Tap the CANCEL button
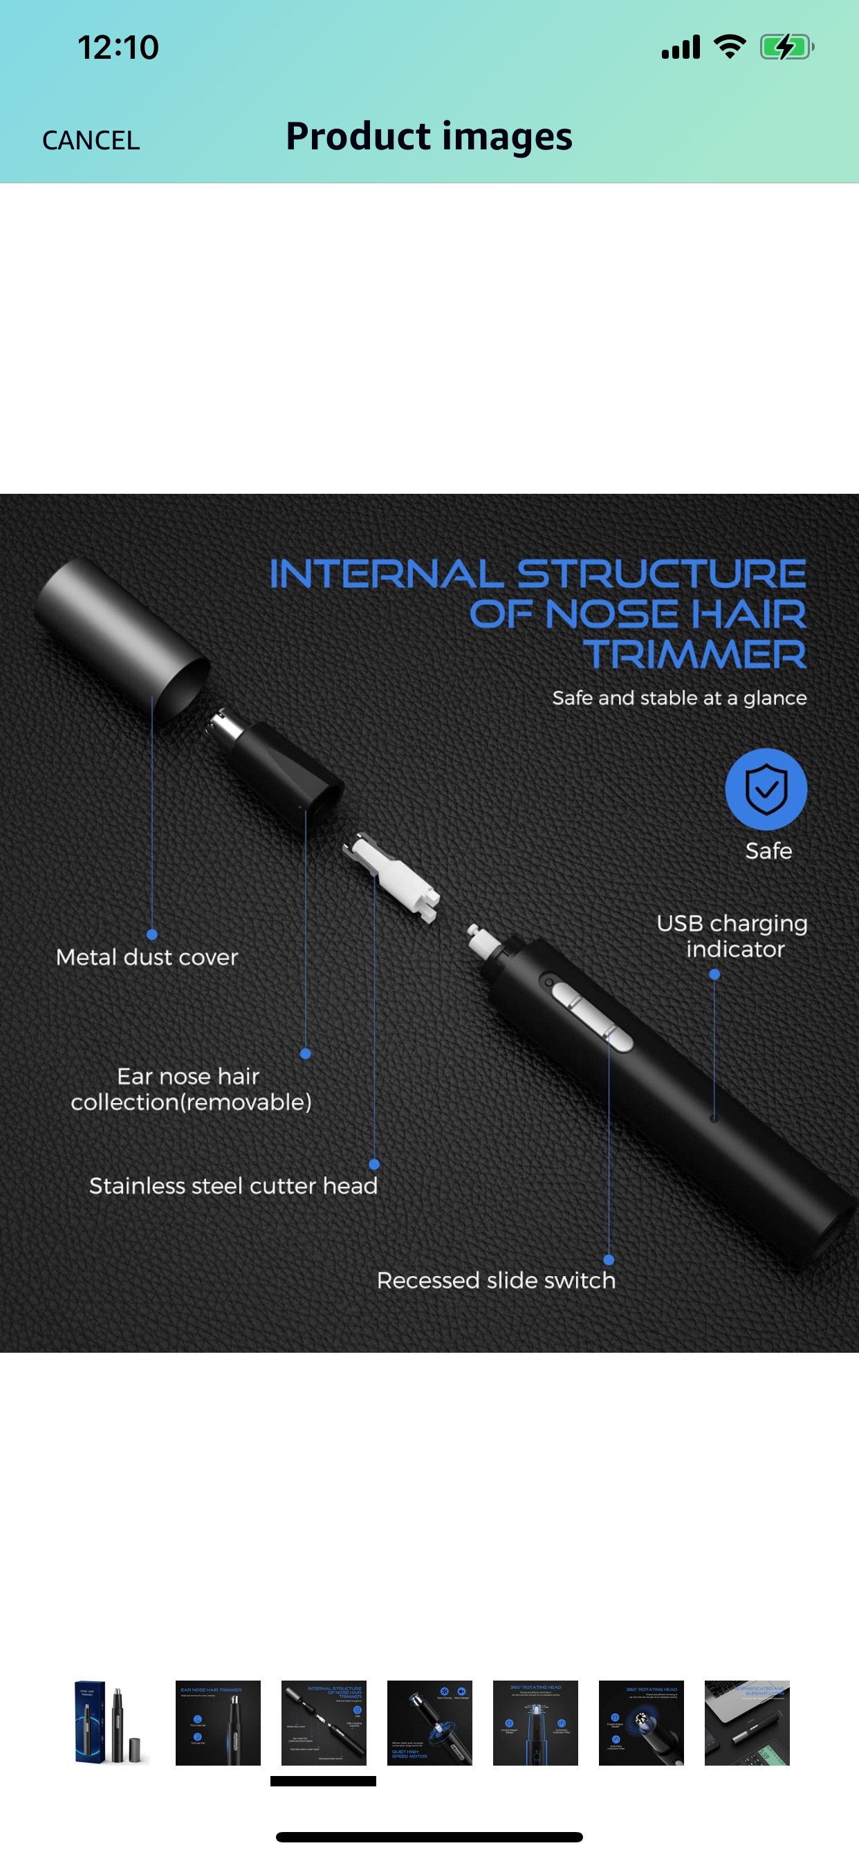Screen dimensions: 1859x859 (x=91, y=140)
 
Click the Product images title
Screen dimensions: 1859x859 (x=429, y=136)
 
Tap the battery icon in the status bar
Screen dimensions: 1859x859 (x=786, y=48)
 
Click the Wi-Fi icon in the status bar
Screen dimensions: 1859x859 (x=730, y=47)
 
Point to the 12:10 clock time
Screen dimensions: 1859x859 (x=118, y=48)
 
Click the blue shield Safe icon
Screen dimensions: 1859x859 (x=766, y=789)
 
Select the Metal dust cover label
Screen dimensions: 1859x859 (x=147, y=957)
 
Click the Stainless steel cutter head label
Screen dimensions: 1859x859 (x=233, y=1185)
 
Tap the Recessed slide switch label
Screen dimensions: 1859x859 (x=496, y=1280)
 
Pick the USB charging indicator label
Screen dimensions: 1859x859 (x=732, y=936)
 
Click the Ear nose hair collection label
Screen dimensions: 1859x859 (x=191, y=1089)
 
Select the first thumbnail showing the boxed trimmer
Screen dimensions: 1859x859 (x=112, y=1723)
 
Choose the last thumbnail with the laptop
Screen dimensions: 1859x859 (x=747, y=1723)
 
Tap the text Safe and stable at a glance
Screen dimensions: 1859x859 (x=679, y=698)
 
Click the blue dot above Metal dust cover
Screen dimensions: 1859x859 (x=151, y=934)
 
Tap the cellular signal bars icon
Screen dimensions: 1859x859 (x=681, y=48)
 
